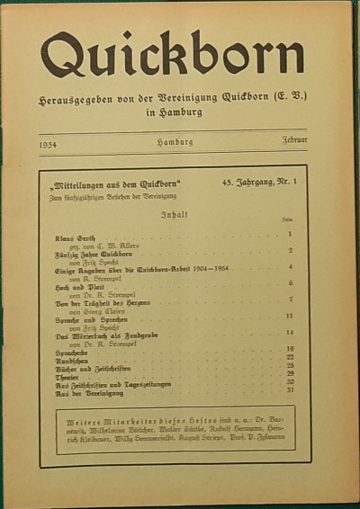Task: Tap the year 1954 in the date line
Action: [51, 142]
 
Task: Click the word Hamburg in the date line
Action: [175, 142]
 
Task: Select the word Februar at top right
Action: [293, 142]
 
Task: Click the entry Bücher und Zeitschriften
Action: [92, 366]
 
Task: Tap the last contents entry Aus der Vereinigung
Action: [87, 390]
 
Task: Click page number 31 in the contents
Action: [290, 389]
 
